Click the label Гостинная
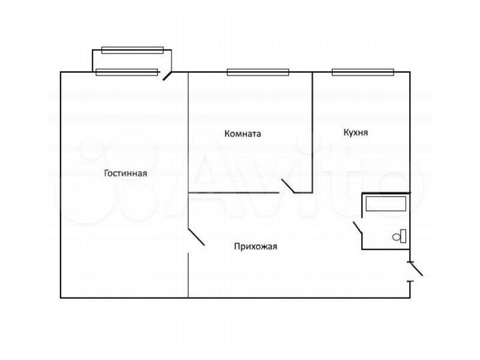coord(125,173)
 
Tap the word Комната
coord(243,133)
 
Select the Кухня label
coord(355,133)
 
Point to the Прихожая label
coord(255,246)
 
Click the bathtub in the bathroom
coord(385,203)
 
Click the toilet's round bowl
coord(397,236)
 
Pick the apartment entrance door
coord(416,269)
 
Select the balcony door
coord(168,75)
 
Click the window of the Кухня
coord(363,72)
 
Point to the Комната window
coord(257,72)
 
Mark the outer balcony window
coord(133,49)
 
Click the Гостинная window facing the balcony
coord(127,72)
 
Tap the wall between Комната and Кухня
coord(313,127)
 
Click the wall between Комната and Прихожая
coord(233,193)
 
